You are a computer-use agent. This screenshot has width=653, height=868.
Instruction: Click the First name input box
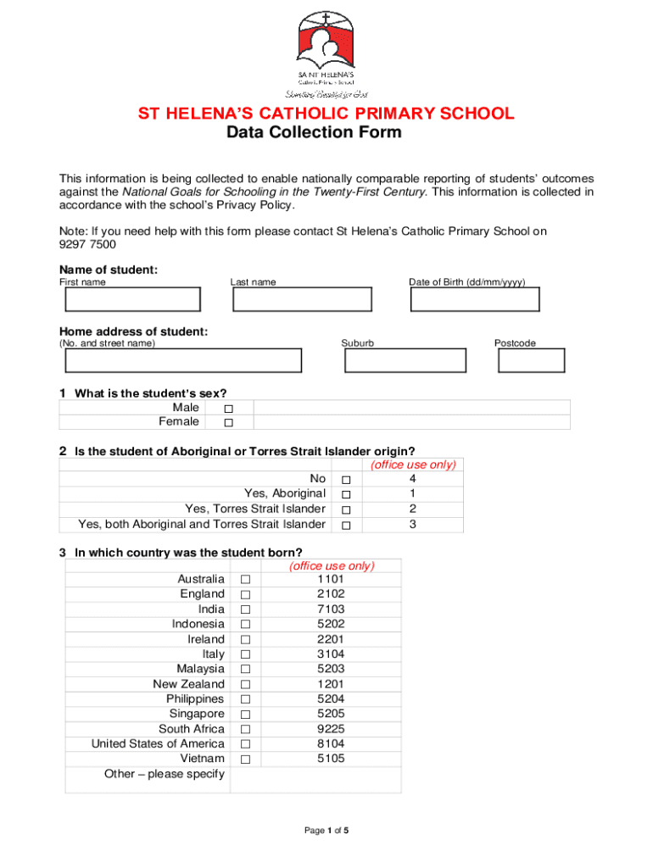(132, 300)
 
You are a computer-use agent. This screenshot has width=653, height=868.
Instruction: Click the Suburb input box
(405, 361)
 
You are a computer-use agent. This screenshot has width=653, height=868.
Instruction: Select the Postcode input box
(531, 361)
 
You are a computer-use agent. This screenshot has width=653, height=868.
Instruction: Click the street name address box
(183, 361)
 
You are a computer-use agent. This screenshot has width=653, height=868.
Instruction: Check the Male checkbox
(228, 409)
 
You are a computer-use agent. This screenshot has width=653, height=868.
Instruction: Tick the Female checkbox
(228, 423)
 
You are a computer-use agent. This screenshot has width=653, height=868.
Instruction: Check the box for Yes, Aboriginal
(346, 494)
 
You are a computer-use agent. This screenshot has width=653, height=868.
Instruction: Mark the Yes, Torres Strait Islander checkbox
(346, 509)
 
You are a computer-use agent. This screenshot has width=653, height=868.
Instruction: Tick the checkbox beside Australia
(245, 580)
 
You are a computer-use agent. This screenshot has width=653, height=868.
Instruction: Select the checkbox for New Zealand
(245, 685)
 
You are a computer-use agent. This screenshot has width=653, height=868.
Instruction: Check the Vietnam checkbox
(245, 759)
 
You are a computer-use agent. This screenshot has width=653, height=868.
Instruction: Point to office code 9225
(331, 729)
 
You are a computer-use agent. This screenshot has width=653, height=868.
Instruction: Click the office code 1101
(331, 579)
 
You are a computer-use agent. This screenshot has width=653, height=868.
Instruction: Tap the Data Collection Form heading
(314, 133)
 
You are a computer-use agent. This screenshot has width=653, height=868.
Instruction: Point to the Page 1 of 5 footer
(326, 831)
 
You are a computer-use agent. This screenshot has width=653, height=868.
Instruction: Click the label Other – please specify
(164, 774)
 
